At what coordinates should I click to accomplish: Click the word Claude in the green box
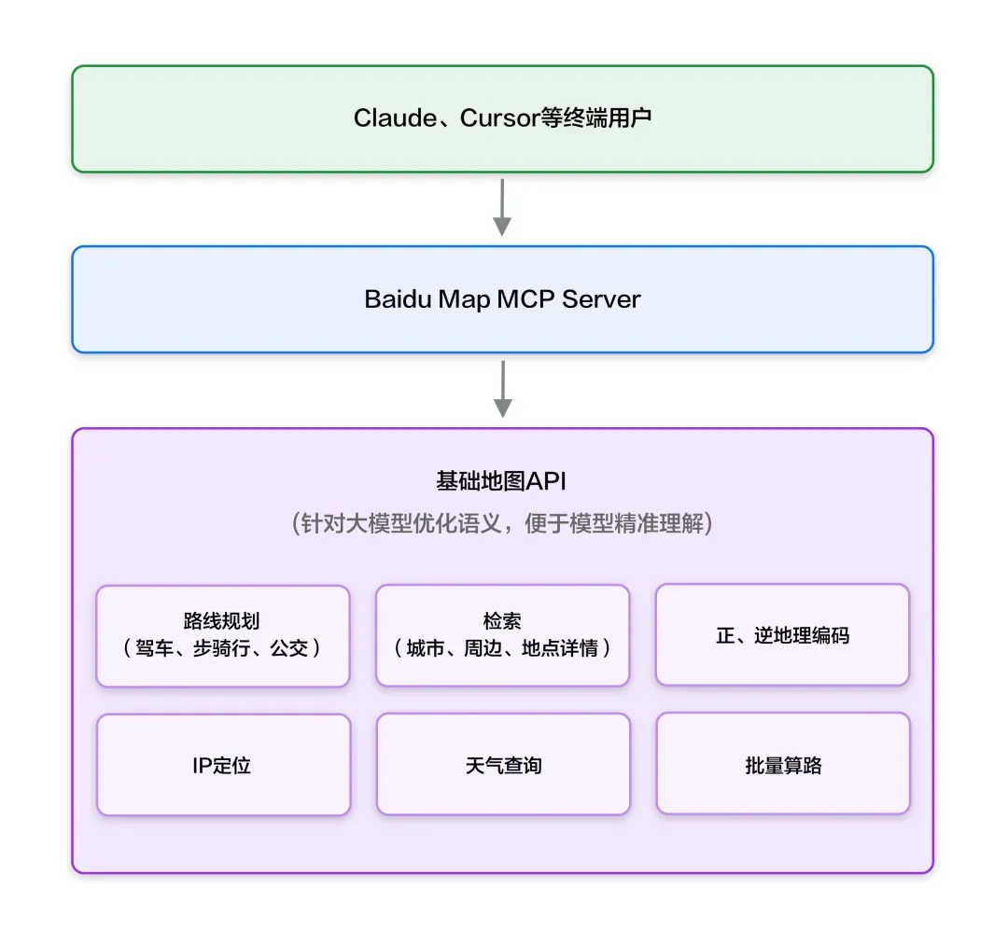pyautogui.click(x=395, y=118)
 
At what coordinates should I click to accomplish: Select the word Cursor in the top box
pyautogui.click(x=499, y=118)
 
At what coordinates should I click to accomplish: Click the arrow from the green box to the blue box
pyautogui.click(x=502, y=208)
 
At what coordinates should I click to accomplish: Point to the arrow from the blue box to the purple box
pyautogui.click(x=502, y=389)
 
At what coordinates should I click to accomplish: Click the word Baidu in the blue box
pyautogui.click(x=399, y=299)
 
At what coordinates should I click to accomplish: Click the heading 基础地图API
pyautogui.click(x=502, y=481)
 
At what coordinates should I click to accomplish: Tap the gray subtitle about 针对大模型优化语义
pyautogui.click(x=502, y=523)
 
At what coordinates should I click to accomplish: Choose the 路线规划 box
pyautogui.click(x=223, y=636)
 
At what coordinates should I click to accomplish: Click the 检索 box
pyautogui.click(x=502, y=636)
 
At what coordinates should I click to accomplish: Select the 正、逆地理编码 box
pyautogui.click(x=782, y=635)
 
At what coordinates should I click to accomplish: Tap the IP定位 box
pyautogui.click(x=223, y=765)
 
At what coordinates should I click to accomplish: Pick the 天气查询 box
pyautogui.click(x=502, y=765)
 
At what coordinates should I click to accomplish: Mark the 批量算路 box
pyautogui.click(x=782, y=765)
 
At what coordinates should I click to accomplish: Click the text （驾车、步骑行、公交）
pyautogui.click(x=223, y=648)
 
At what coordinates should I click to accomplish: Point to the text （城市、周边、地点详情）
pyautogui.click(x=502, y=648)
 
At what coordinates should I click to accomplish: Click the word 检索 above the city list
pyautogui.click(x=502, y=621)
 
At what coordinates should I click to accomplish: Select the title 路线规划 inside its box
pyautogui.click(x=222, y=621)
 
